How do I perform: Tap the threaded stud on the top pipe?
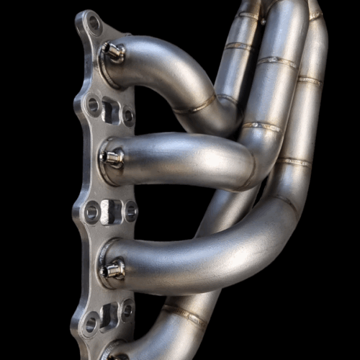[x=113, y=51]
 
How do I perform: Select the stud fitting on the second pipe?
[x=114, y=158]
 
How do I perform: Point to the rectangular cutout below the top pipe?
[x=109, y=110]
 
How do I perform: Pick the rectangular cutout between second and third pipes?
[x=110, y=212]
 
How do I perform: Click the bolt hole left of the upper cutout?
[x=93, y=105]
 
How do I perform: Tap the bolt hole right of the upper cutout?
[x=128, y=115]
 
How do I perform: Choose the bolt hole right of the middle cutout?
[x=130, y=212]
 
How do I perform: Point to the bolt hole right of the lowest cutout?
[x=127, y=311]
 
